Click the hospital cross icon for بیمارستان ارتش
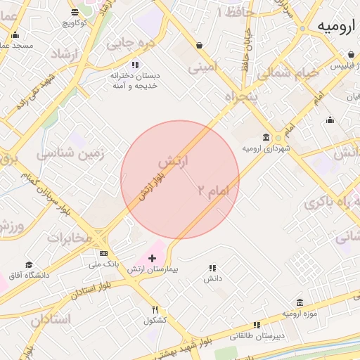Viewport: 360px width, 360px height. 152,259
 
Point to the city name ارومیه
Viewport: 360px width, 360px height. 334,27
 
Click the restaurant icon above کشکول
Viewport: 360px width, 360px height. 155,309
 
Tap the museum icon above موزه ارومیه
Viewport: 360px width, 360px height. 300,302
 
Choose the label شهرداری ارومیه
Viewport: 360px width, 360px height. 266,149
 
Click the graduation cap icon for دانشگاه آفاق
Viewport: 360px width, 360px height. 29,265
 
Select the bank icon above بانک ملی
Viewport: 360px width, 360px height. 104,253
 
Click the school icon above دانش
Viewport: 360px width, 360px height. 212,268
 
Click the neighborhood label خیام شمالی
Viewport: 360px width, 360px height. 288,72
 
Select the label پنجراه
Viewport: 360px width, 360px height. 241,96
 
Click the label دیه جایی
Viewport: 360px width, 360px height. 129,43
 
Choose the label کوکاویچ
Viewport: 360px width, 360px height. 75,22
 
